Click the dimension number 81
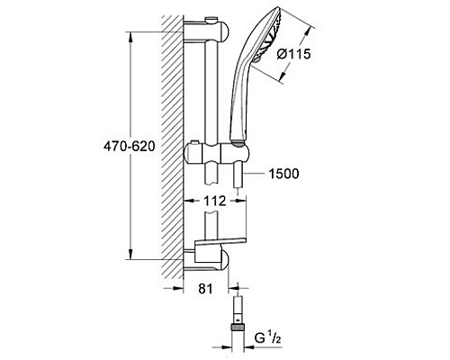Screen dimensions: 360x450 click(x=204, y=290)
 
